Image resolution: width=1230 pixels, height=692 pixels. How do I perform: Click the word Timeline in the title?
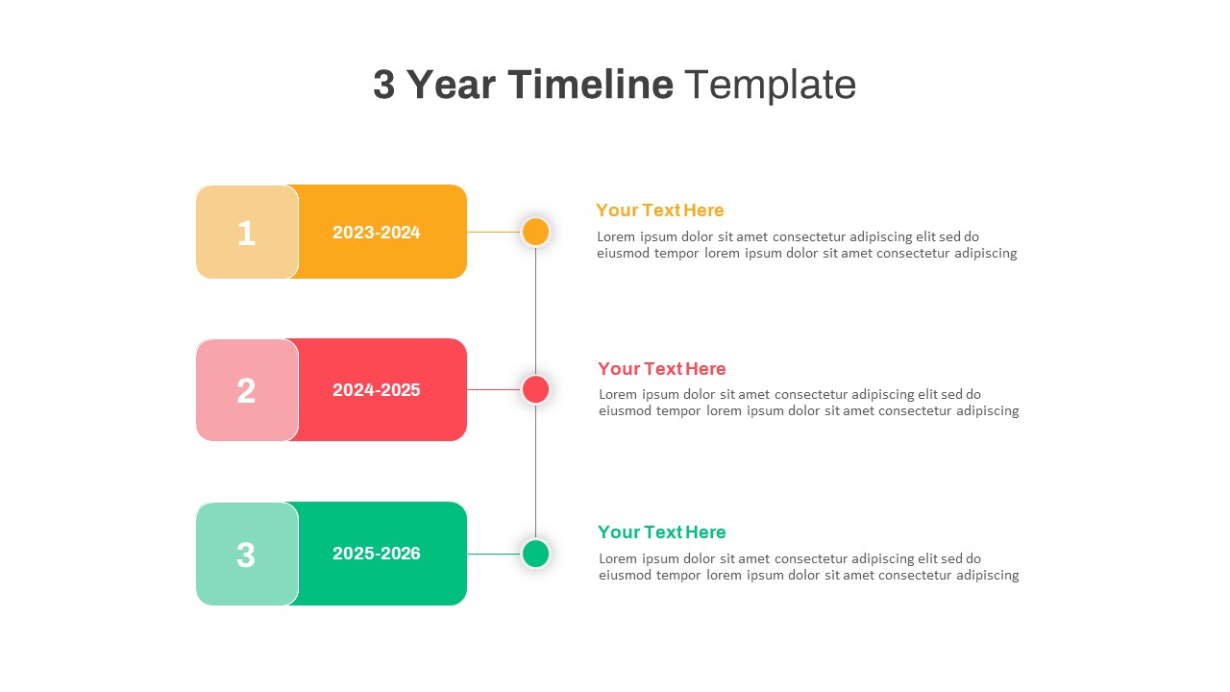pos(590,85)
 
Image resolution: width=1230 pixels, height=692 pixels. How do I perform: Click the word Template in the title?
pos(770,85)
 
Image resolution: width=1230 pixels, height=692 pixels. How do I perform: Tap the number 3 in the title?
pos(383,85)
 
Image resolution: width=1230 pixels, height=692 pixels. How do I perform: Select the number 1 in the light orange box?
pos(246,233)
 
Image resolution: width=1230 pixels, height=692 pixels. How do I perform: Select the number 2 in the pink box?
pos(246,390)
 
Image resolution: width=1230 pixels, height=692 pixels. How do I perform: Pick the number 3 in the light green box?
pos(246,555)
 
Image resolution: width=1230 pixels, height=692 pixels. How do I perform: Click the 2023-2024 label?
pos(376,233)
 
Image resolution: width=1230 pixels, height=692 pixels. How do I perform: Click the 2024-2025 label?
pos(376,390)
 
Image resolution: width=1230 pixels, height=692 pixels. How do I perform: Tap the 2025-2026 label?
pos(376,554)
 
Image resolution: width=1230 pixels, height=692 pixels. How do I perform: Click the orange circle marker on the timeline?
pos(535,232)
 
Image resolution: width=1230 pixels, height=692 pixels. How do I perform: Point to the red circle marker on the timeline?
pos(535,389)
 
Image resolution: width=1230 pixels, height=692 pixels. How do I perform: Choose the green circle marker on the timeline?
pos(535,554)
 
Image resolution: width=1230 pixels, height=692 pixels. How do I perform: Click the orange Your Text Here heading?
pos(659,210)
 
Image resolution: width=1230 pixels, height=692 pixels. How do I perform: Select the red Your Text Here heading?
pos(661,369)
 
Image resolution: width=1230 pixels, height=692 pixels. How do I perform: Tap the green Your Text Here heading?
pos(661,532)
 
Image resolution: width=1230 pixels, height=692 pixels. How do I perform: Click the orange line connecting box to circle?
pos(493,232)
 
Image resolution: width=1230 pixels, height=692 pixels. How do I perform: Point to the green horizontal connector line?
pos(493,554)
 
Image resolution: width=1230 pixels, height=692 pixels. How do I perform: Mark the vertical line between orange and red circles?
pos(535,309)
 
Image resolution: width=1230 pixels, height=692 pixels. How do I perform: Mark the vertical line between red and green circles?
pos(535,471)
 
